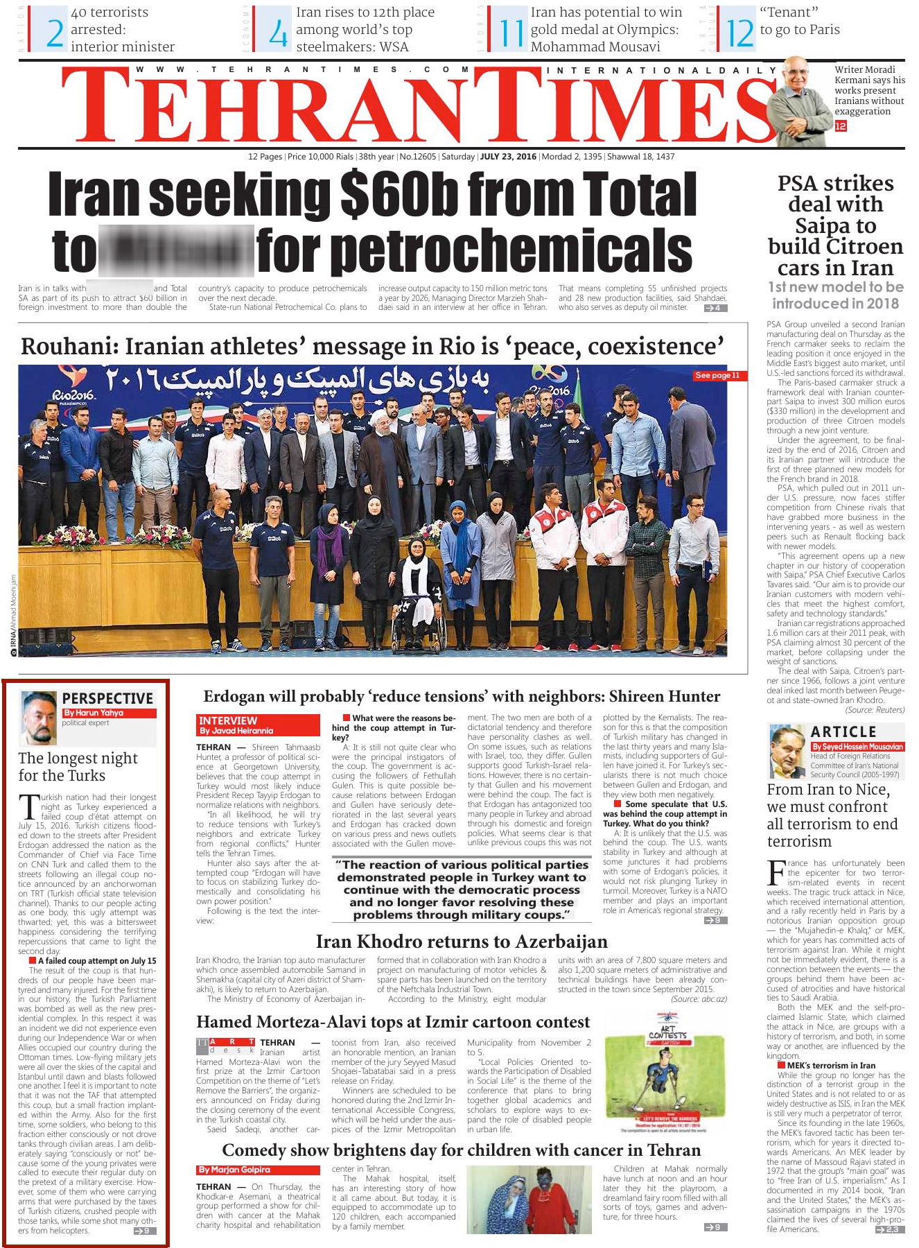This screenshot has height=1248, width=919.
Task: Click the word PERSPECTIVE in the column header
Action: pyautogui.click(x=107, y=698)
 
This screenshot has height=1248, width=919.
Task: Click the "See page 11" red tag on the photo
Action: pyautogui.click(x=718, y=375)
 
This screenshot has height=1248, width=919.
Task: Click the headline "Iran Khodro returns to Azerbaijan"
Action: pyautogui.click(x=462, y=942)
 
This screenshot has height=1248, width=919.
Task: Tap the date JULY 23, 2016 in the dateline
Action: pyautogui.click(x=508, y=157)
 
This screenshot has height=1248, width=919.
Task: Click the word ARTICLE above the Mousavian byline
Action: pyautogui.click(x=843, y=731)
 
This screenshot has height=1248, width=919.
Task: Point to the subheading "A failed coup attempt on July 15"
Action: pyautogui.click(x=97, y=961)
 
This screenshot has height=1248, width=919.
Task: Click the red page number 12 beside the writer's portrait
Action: pyautogui.click(x=841, y=126)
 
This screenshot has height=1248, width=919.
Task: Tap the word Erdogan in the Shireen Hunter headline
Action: pyautogui.click(x=235, y=696)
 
